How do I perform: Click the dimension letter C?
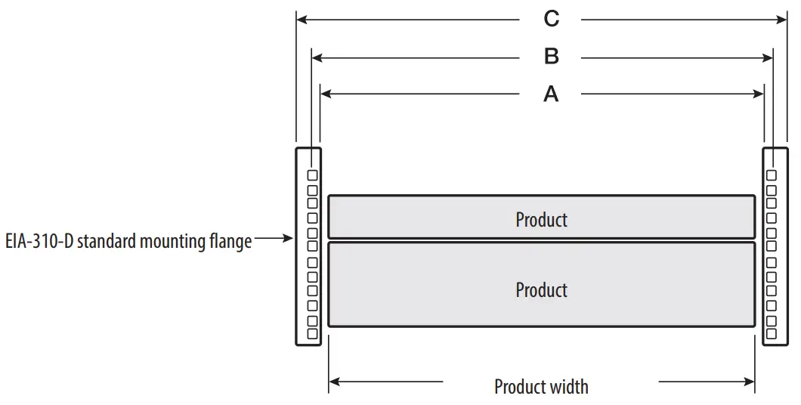(x=552, y=19)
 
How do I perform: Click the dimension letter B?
(x=552, y=57)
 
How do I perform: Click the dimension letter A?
(x=552, y=94)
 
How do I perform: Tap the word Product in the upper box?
(x=541, y=220)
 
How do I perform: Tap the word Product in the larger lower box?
(x=541, y=290)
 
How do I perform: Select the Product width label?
(x=541, y=387)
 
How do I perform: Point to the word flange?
(x=230, y=242)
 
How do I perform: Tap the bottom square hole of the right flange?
(x=771, y=332)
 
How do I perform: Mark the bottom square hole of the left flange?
(x=312, y=332)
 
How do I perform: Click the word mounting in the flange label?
(x=167, y=242)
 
